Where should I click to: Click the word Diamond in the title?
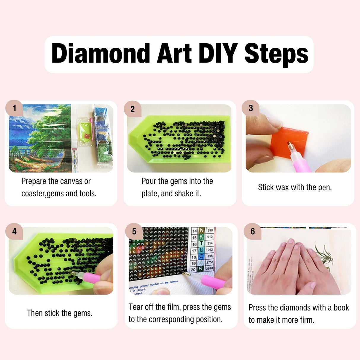pos(101,54)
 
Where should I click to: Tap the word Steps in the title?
pos(276,54)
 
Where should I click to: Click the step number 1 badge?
pos(14,108)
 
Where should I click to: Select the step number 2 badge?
pos(132,109)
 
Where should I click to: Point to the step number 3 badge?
pos(251,108)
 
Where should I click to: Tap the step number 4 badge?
pos(14,231)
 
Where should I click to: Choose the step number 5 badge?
pos(134,231)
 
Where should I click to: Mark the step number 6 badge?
pos(252,231)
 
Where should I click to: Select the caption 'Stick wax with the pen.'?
pos(295,187)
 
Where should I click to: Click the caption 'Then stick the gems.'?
pos(60,313)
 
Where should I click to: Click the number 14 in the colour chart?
pos(194,231)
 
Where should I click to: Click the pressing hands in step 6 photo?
pos(297,267)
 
